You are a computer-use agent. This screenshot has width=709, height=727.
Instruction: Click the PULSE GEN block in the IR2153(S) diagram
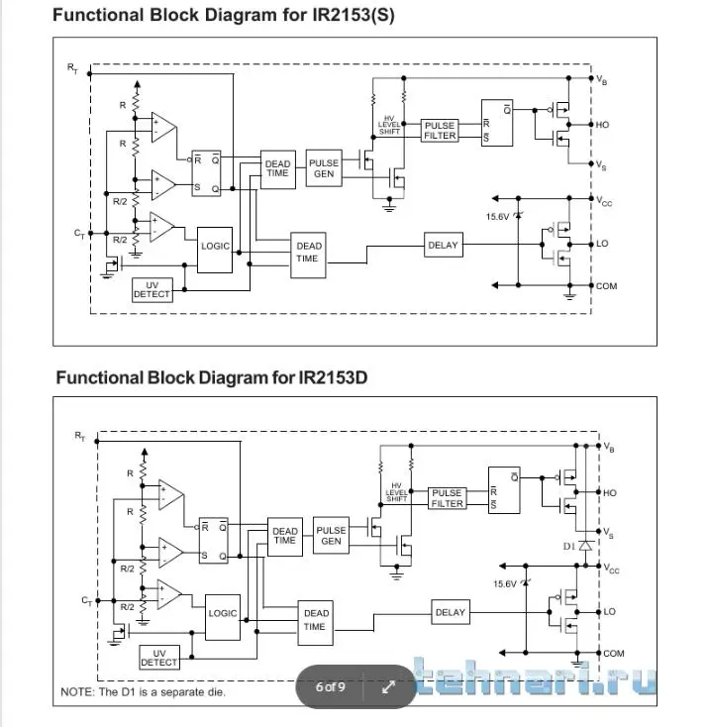[324, 168]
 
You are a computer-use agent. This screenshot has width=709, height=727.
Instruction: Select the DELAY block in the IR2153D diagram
[450, 612]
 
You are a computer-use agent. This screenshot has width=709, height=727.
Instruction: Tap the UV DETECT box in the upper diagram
[152, 289]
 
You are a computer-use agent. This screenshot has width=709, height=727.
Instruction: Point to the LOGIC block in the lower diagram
[223, 613]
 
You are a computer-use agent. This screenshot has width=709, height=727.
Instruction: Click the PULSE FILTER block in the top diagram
[440, 131]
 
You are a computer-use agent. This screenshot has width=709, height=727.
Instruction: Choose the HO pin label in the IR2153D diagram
[609, 492]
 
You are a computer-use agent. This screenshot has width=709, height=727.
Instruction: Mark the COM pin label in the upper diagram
[606, 286]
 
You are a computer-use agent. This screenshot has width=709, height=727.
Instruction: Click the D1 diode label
[568, 546]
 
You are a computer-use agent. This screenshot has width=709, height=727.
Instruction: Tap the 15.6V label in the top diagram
[498, 216]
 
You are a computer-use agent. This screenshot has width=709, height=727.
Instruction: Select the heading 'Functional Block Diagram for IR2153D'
[217, 377]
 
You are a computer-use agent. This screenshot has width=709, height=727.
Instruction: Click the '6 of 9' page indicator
[331, 686]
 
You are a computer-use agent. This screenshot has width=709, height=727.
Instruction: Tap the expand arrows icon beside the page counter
[388, 687]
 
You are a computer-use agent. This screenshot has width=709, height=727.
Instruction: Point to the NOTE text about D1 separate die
[143, 691]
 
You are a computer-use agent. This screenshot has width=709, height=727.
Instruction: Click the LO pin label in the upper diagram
[602, 244]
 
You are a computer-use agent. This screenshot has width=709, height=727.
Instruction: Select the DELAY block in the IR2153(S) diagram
[443, 245]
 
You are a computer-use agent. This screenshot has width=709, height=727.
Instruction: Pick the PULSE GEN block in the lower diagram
[331, 535]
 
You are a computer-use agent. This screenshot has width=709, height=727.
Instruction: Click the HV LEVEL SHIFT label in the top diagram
[389, 125]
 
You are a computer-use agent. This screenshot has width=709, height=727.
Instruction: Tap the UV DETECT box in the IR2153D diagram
[158, 657]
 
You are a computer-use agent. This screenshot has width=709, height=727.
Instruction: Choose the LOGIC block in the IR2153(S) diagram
[215, 245]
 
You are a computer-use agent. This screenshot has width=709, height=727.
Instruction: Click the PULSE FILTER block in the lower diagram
[447, 498]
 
